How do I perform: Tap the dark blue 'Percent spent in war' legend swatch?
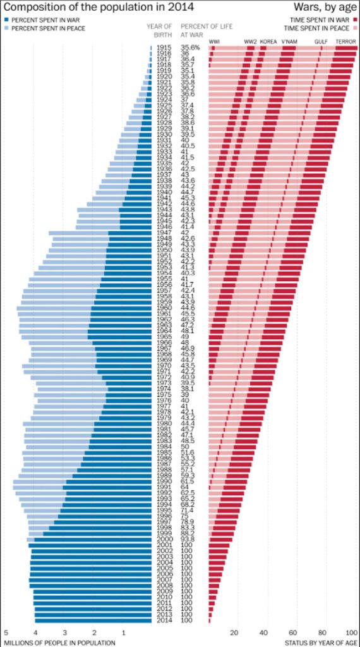[6, 20]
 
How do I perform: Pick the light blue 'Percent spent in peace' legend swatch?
[6, 28]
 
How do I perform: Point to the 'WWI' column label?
[214, 42]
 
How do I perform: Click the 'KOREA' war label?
[268, 42]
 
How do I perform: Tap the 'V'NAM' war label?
[289, 42]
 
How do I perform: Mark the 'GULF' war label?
[321, 42]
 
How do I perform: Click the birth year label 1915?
[164, 48]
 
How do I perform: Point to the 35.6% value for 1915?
[190, 48]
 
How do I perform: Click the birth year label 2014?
[164, 620]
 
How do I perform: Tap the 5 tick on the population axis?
[6, 632]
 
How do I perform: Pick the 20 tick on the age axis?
[234, 632]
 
